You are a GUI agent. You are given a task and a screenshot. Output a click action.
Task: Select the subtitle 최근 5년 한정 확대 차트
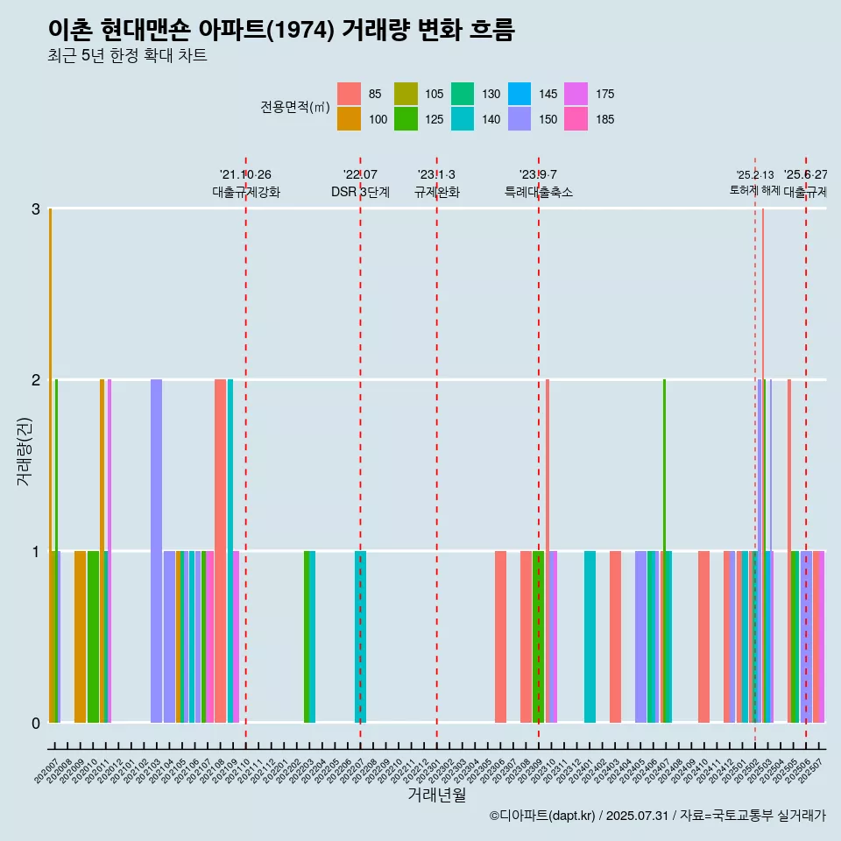point(128,57)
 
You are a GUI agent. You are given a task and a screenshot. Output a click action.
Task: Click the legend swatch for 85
point(349,94)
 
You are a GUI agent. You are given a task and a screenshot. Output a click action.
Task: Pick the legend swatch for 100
point(349,119)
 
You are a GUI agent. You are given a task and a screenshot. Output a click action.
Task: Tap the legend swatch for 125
point(406,119)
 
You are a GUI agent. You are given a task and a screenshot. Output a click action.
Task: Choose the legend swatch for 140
point(463,119)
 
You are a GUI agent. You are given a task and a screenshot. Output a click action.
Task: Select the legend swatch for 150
point(519,119)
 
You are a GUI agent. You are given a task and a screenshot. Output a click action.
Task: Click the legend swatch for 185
point(576,119)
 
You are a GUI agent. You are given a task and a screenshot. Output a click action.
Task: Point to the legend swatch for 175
point(576,94)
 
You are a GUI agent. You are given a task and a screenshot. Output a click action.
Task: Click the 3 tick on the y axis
point(36,208)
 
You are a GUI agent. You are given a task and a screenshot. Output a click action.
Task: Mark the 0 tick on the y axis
point(36,723)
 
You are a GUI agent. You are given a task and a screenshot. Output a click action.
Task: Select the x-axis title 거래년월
point(436,795)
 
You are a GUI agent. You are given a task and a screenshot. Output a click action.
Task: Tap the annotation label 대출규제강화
point(246,192)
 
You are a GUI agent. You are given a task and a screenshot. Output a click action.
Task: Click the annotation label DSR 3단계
point(360,192)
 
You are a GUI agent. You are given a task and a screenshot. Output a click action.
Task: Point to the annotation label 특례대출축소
point(539,192)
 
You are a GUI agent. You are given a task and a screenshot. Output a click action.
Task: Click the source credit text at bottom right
point(658,816)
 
